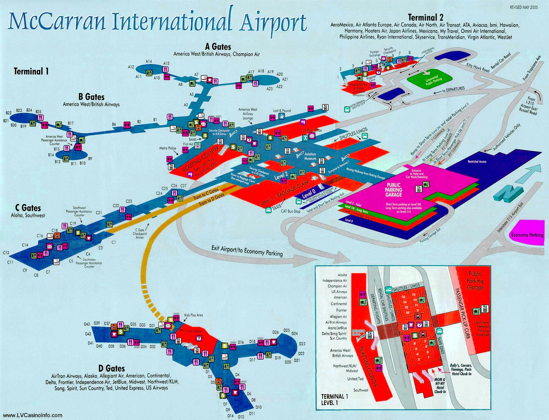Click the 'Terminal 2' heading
425,17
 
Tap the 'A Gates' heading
218,47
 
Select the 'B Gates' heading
91,97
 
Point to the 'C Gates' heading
28,208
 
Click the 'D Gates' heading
111,368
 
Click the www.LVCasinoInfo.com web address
32,415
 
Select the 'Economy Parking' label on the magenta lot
527,235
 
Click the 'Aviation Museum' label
310,156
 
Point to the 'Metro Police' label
168,148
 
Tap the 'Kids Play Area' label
193,315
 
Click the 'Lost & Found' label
282,110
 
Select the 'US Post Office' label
312,130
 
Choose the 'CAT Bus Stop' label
291,211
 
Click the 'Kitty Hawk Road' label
477,67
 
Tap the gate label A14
149,61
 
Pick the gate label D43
87,324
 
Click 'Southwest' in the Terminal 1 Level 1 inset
361,390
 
